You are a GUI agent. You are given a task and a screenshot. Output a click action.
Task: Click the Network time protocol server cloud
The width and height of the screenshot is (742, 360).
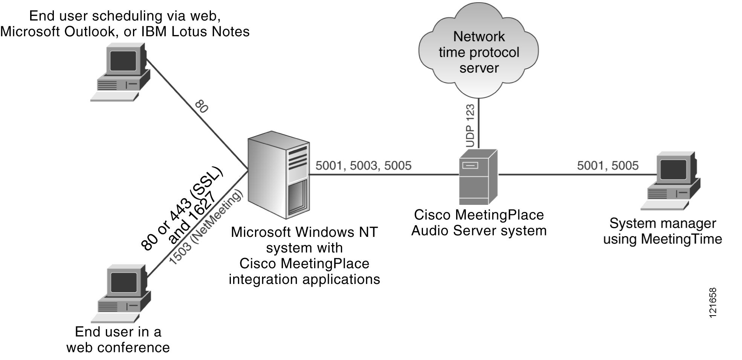point(478,51)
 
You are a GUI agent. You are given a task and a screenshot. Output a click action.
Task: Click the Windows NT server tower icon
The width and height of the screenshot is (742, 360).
point(278,175)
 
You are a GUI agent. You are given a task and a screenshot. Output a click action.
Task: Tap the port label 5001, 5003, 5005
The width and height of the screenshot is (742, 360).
point(363,165)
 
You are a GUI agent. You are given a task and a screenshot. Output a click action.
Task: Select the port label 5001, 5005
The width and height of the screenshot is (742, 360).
point(608,165)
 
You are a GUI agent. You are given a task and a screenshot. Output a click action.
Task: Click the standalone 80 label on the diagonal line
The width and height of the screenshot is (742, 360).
point(202,107)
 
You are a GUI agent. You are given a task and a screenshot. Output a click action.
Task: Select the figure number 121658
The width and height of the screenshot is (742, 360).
point(712,303)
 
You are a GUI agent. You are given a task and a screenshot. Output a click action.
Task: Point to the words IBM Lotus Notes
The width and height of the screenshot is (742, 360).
point(195,32)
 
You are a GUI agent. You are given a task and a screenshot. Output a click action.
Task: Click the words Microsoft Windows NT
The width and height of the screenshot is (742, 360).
point(304,232)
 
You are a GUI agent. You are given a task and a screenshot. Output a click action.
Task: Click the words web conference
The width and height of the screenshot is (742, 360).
point(118,347)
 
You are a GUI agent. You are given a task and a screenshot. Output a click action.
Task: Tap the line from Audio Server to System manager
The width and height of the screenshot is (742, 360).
point(565,174)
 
